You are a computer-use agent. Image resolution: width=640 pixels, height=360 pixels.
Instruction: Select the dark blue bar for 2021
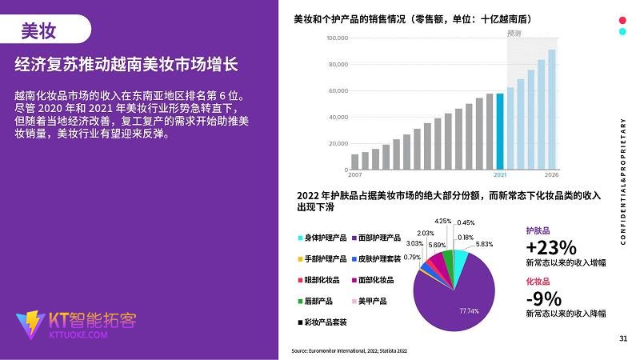point(500,131)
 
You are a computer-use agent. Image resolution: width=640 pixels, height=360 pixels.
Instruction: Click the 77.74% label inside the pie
point(469,310)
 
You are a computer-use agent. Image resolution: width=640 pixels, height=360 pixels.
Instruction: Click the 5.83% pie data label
point(485,244)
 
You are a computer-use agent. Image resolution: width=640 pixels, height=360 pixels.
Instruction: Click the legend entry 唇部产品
point(318,301)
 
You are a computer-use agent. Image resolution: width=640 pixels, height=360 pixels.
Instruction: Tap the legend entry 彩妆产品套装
point(327,322)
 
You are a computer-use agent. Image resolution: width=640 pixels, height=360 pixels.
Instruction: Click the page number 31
point(623,338)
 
